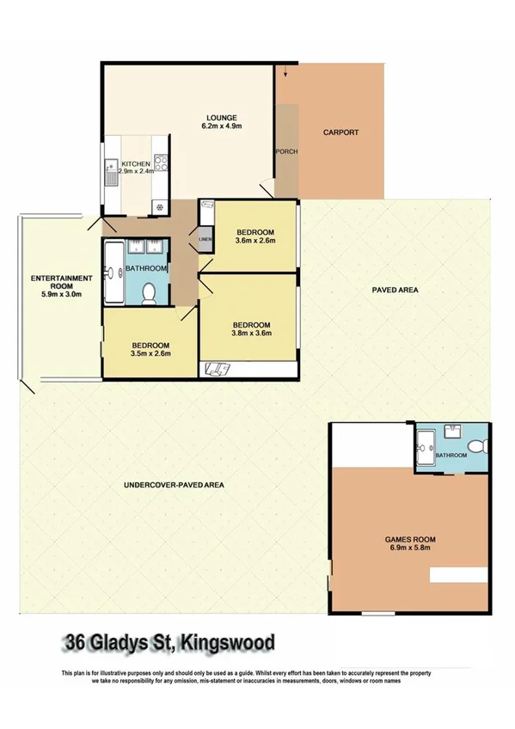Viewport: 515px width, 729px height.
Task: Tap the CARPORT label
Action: click(340, 132)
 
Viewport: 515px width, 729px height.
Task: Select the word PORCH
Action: click(285, 152)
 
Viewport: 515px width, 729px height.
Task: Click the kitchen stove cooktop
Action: click(159, 162)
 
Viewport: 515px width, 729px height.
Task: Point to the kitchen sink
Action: click(110, 174)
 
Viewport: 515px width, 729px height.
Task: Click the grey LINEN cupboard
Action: click(205, 239)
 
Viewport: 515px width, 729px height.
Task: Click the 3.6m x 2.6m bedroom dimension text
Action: click(254, 242)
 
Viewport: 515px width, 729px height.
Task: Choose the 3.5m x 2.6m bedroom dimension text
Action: click(150, 353)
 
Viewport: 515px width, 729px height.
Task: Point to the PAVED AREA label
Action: click(395, 291)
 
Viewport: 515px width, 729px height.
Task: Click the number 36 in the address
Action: click(75, 642)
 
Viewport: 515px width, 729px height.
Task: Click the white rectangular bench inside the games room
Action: click(459, 574)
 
